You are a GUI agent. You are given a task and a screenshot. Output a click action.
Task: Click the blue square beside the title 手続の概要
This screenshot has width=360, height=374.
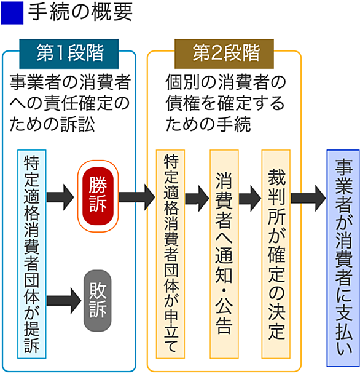pyautogui.click(x=12, y=13)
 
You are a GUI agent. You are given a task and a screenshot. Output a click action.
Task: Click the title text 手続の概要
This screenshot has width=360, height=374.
pyautogui.click(x=80, y=12)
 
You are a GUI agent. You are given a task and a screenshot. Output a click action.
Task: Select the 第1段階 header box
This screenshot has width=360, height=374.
pyautogui.click(x=69, y=54)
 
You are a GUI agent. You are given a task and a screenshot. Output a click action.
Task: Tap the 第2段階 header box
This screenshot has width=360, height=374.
pyautogui.click(x=224, y=54)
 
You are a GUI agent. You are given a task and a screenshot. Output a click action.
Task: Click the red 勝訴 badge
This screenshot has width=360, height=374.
pyautogui.click(x=98, y=196)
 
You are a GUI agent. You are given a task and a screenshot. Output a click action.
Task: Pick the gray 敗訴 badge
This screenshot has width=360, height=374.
pyautogui.click(x=98, y=301)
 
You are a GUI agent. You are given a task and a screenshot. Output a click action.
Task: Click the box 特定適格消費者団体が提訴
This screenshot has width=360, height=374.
pyautogui.click(x=32, y=254)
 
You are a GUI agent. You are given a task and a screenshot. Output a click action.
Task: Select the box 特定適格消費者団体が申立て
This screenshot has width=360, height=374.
pyautogui.click(x=170, y=254)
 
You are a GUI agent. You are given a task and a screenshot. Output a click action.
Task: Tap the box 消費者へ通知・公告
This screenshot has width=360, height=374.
pyautogui.click(x=224, y=254)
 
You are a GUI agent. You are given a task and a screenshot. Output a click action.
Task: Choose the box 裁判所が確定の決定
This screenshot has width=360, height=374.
pyautogui.click(x=276, y=254)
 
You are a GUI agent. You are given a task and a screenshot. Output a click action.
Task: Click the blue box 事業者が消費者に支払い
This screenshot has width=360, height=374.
pyautogui.click(x=343, y=258)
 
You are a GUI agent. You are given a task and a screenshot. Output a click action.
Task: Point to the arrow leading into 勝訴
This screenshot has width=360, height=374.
pyautogui.click(x=60, y=197)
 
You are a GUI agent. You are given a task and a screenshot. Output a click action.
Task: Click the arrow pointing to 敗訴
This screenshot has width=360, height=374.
pyautogui.click(x=64, y=301)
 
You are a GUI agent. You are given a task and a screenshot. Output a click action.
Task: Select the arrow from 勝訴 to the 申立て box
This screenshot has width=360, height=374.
pyautogui.click(x=137, y=197)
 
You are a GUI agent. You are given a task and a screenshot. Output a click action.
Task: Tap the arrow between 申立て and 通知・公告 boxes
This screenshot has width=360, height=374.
pyautogui.click(x=197, y=199)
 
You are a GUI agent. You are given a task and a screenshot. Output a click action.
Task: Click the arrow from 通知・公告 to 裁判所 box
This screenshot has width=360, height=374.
pyautogui.click(x=250, y=199)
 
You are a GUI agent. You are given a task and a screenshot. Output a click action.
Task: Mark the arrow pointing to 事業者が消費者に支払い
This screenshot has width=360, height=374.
pyautogui.click(x=308, y=199)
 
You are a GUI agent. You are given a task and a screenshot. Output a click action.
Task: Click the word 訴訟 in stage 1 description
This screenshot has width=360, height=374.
pyautogui.click(x=77, y=124)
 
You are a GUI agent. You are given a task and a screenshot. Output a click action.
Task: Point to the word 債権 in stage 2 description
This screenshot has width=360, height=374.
pyautogui.click(x=182, y=103)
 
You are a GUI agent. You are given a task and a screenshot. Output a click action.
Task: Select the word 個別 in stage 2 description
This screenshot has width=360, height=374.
pyautogui.click(x=182, y=82)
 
